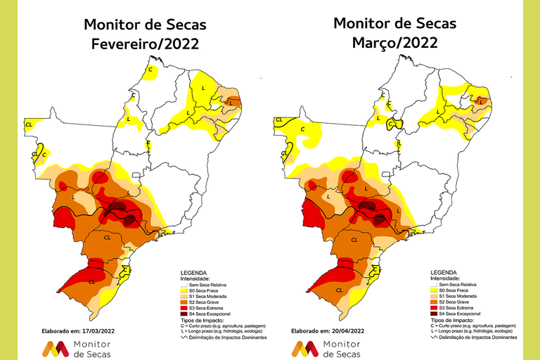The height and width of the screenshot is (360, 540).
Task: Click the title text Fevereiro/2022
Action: pos(145,44)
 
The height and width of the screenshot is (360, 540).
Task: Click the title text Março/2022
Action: pos(394,42)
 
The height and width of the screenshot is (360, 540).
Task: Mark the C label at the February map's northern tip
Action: pos(150,70)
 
